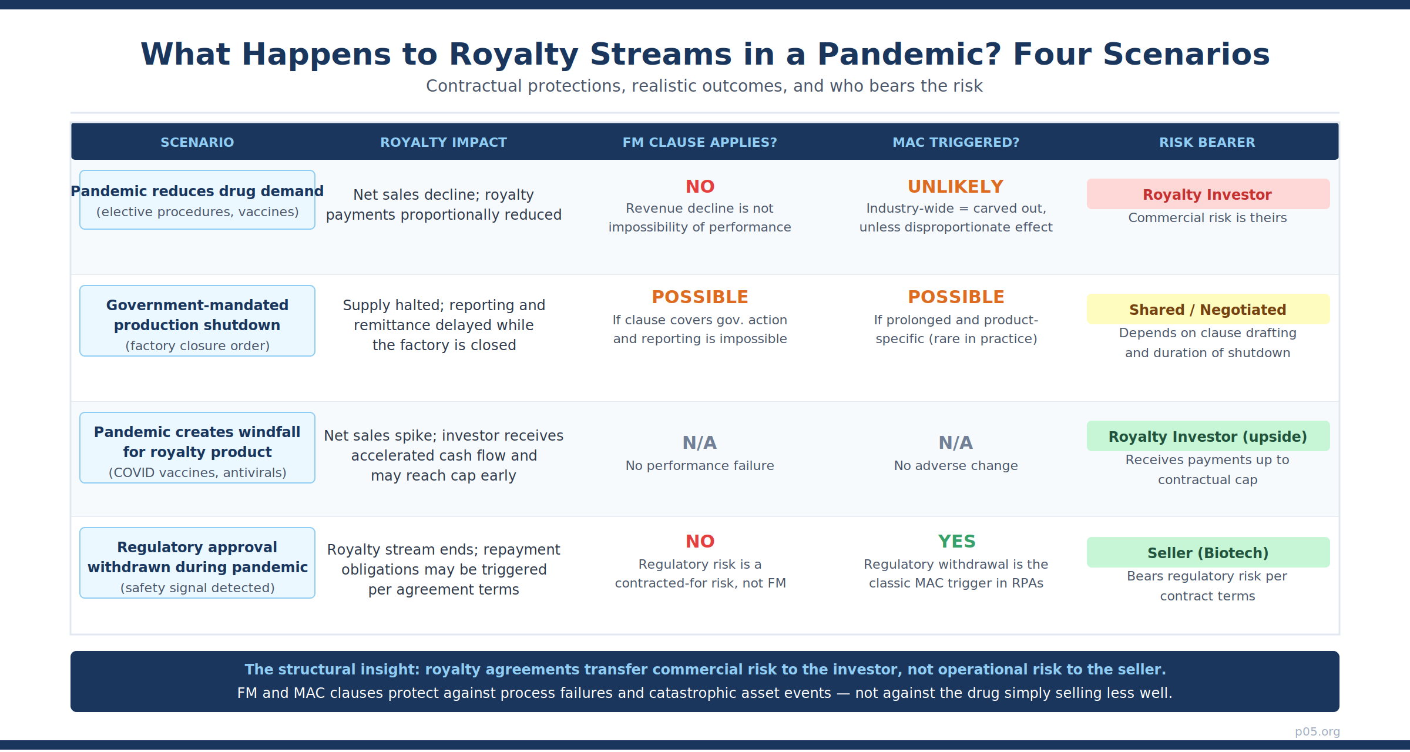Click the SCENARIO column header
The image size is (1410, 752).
click(197, 142)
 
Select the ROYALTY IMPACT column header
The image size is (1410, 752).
click(444, 142)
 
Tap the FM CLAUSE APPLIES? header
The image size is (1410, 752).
click(700, 142)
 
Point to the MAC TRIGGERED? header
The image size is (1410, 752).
click(956, 142)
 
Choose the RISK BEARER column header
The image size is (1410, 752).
click(1207, 142)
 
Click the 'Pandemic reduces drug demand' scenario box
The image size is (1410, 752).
click(197, 200)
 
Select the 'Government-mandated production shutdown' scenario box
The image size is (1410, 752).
click(197, 321)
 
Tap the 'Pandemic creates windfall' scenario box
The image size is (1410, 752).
click(197, 448)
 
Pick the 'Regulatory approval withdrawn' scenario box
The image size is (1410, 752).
click(197, 563)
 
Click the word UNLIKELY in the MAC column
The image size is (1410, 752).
click(956, 187)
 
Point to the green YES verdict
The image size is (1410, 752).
click(956, 542)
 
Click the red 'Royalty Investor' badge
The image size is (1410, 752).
click(1208, 194)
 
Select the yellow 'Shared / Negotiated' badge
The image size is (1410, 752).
click(1208, 309)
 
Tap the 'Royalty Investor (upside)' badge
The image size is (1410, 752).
click(1208, 436)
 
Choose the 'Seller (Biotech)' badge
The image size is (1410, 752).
click(1208, 552)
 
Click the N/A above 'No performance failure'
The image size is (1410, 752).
click(700, 443)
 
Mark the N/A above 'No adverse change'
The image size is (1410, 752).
click(956, 443)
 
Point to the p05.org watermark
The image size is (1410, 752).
click(1317, 731)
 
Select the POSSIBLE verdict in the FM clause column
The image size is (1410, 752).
click(700, 297)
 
